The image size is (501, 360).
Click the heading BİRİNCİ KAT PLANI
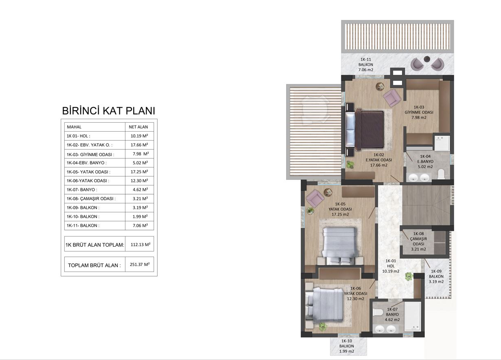(x=108, y=111)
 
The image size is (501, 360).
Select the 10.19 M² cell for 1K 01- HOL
(x=139, y=136)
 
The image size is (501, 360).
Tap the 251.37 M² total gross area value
(x=140, y=265)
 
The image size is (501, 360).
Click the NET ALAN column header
(x=138, y=127)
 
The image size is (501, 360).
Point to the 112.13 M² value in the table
(x=141, y=245)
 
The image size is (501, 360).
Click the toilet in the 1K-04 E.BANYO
(x=441, y=174)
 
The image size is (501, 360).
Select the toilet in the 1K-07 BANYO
(x=378, y=312)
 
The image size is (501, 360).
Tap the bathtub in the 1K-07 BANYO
(x=413, y=316)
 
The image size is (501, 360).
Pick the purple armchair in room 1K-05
(x=315, y=198)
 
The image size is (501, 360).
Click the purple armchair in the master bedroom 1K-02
(x=391, y=97)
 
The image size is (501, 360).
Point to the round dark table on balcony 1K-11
(x=427, y=59)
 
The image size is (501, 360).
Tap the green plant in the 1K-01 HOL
(x=409, y=276)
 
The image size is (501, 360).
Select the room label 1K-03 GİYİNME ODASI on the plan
(x=419, y=113)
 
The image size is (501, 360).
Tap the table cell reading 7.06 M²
(x=140, y=225)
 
